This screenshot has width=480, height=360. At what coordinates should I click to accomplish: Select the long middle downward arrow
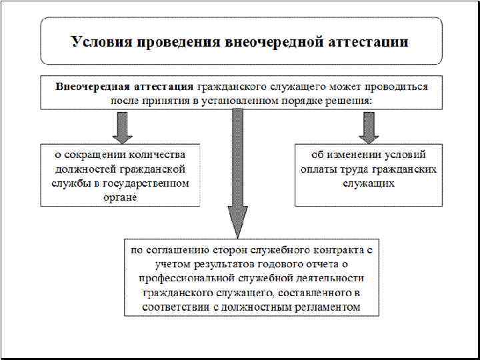point(236,173)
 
